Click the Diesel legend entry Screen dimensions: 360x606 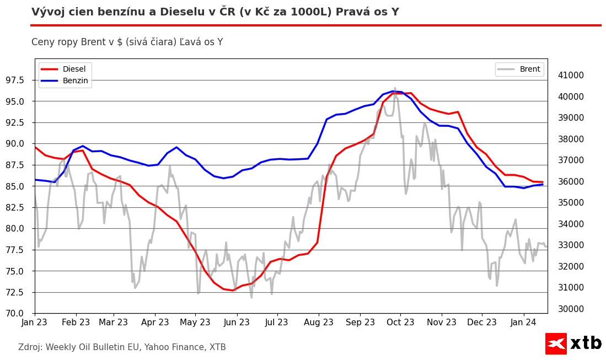coord(74,69)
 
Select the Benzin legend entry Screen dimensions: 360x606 coord(75,80)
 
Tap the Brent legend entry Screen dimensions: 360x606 coord(529,69)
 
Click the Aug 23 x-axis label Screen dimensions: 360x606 coord(318,323)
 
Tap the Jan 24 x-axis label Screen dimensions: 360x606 coord(523,323)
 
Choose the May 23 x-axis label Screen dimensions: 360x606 coord(195,323)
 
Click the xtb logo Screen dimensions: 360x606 coord(573,343)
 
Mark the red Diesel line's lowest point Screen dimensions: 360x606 coord(233,290)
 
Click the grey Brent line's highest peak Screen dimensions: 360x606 coord(395,88)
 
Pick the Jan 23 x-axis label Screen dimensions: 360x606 coord(35,323)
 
